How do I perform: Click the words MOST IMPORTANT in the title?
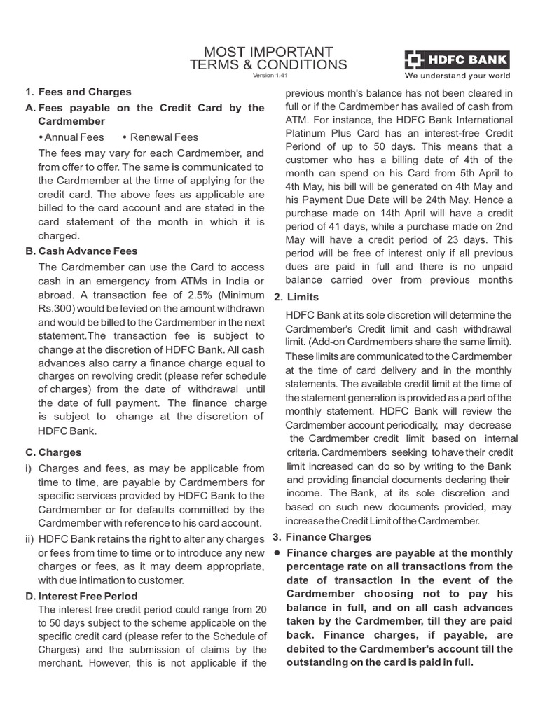tap(268, 52)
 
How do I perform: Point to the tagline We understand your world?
tap(455, 76)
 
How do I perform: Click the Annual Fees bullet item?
tap(76, 137)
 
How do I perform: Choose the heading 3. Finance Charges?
tap(322, 537)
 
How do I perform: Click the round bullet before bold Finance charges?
tap(277, 552)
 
